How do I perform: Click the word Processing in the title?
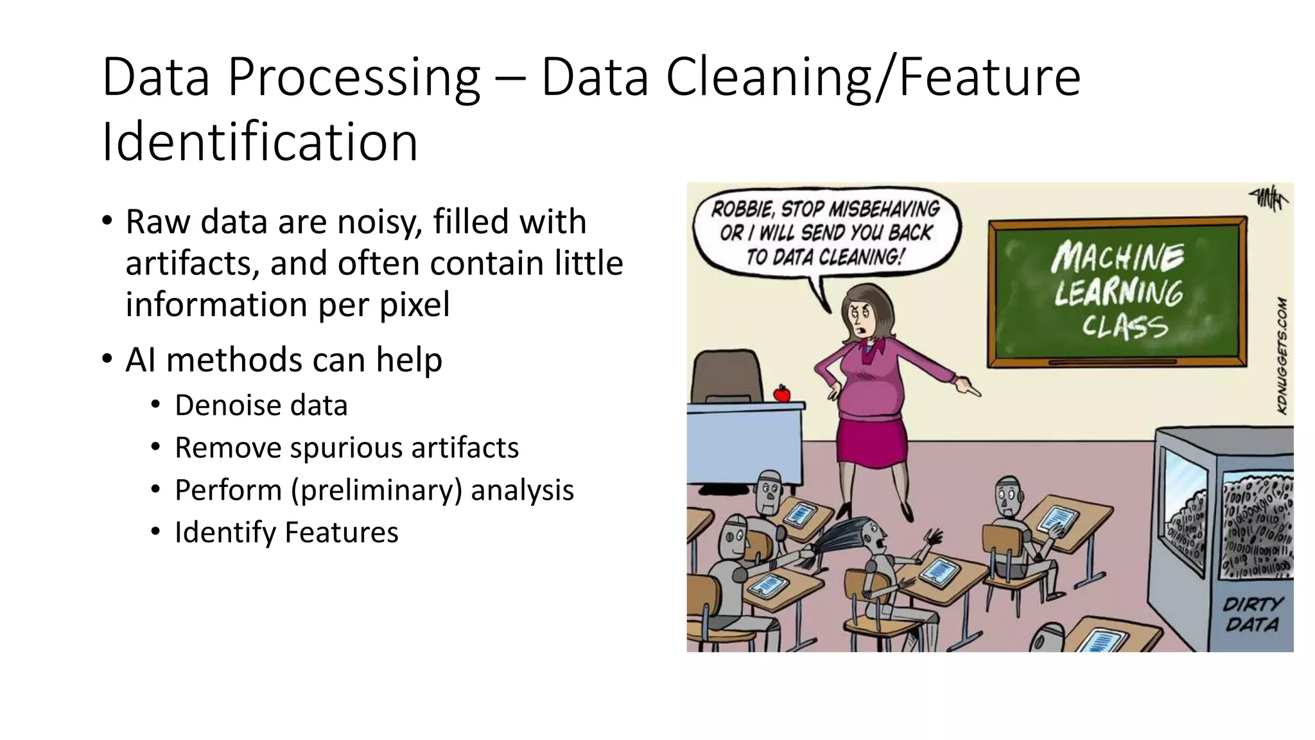click(x=354, y=78)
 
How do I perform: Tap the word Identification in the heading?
click(x=259, y=143)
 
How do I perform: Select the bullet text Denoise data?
click(x=261, y=405)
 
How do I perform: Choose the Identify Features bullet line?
click(x=286, y=533)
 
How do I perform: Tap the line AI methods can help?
click(x=283, y=360)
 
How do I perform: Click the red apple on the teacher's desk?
click(x=781, y=393)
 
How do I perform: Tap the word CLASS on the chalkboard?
click(x=1124, y=326)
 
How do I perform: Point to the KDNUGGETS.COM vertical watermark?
click(x=1282, y=355)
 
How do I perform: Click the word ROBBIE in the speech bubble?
click(x=742, y=209)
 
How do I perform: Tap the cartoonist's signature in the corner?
click(x=1267, y=198)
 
